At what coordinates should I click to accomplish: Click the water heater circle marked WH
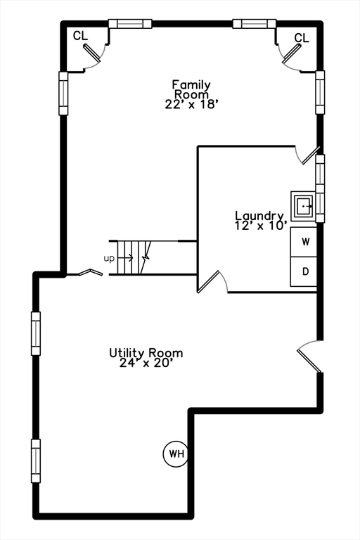pyautogui.click(x=176, y=454)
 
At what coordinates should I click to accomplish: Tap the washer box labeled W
pyautogui.click(x=304, y=242)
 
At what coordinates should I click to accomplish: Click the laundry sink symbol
pyautogui.click(x=304, y=206)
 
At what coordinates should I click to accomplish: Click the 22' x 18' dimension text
pyautogui.click(x=191, y=103)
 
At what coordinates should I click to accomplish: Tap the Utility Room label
pyautogui.click(x=146, y=353)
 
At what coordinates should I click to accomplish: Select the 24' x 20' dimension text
pyautogui.click(x=146, y=364)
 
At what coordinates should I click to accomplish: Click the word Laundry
pyautogui.click(x=259, y=216)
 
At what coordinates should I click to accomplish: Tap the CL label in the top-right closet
pyautogui.click(x=302, y=38)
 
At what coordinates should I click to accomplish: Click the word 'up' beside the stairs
pyautogui.click(x=109, y=258)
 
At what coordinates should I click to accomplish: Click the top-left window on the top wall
pyautogui.click(x=130, y=23)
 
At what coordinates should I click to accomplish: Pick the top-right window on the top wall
pyautogui.click(x=254, y=23)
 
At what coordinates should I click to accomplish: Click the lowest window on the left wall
pyautogui.click(x=36, y=461)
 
